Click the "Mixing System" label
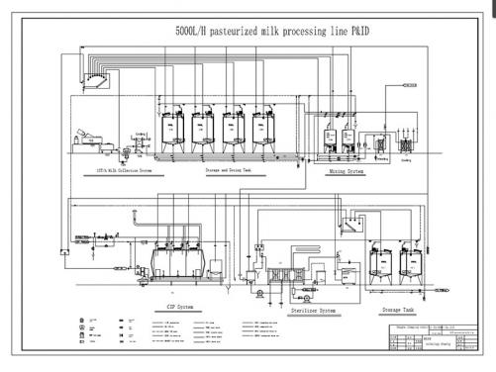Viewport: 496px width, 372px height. pos(347,171)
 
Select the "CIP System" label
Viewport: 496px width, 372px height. pos(174,306)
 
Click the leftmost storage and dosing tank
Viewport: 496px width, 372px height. pos(174,129)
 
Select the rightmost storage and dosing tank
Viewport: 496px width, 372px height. pos(263,129)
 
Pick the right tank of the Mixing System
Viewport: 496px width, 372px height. pos(350,139)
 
